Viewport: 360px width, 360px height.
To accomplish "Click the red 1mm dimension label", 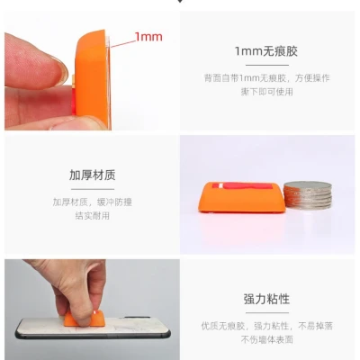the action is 148,37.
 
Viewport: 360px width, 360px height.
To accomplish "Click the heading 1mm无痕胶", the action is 266,51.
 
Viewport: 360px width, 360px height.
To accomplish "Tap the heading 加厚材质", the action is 93,175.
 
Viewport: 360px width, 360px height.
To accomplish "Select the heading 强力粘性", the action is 266,299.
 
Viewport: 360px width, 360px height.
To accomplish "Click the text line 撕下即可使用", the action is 266,92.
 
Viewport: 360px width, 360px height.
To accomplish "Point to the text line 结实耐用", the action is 93,216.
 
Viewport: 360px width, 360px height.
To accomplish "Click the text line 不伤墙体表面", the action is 266,339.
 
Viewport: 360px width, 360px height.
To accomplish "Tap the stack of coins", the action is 308,195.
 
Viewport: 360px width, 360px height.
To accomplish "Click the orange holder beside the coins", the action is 241,197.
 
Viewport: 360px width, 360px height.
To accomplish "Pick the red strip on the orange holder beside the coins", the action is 242,186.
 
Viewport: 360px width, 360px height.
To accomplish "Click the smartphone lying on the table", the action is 93,328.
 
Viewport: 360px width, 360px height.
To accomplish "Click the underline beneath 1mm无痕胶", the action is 267,65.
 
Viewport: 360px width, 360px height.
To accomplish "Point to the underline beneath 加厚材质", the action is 93,189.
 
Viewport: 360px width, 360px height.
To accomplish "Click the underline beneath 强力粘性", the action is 267,313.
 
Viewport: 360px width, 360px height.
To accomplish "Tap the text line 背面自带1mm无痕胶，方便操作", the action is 266,78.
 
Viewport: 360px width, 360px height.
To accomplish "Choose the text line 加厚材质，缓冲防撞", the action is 93,202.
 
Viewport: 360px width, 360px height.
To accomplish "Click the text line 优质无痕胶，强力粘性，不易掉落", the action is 266,326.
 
